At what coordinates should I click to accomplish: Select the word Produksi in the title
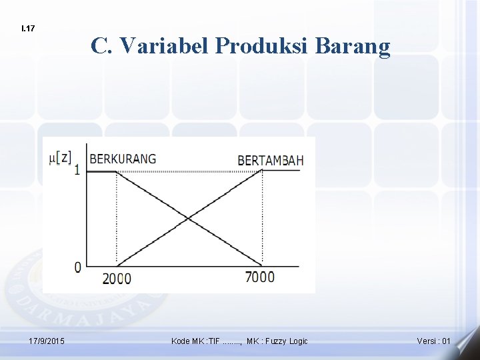(263, 45)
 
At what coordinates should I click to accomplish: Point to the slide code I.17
(28, 29)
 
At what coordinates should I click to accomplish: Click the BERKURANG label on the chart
(123, 159)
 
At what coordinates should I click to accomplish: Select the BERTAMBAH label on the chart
(270, 160)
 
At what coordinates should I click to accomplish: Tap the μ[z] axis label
(61, 158)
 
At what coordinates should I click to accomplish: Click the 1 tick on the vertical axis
(77, 171)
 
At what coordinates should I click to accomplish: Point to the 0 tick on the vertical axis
(78, 267)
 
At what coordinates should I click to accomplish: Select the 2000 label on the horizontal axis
(117, 278)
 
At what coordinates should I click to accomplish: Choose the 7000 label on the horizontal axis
(260, 277)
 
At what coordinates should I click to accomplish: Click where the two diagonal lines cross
(189, 218)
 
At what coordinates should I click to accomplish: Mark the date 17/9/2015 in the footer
(47, 341)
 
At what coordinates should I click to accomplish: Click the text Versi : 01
(434, 341)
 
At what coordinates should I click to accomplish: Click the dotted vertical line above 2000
(117, 220)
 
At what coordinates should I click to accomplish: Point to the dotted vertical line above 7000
(262, 220)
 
